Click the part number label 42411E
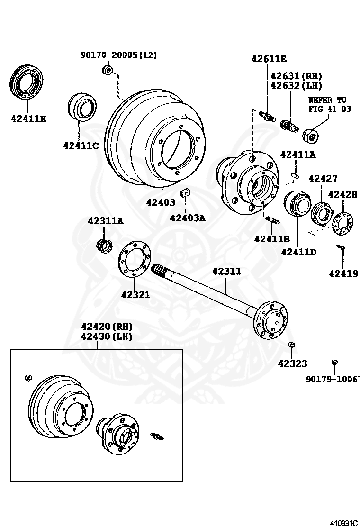28,118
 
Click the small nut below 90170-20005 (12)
107,71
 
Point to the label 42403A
188,218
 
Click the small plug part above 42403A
185,192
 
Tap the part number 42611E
269,59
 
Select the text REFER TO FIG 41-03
327,104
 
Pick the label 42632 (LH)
296,86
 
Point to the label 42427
323,179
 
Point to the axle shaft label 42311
226,272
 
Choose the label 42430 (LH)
107,336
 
